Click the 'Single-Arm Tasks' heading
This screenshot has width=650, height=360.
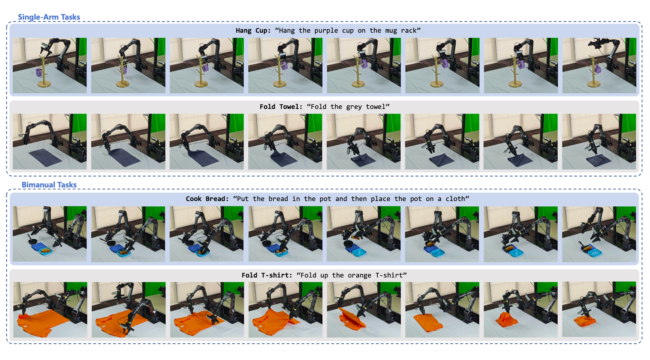[49, 17]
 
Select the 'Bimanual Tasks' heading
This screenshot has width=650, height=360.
[49, 185]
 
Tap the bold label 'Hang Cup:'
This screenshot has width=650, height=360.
[253, 31]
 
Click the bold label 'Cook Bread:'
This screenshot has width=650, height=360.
[207, 199]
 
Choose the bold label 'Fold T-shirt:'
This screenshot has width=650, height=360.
[267, 275]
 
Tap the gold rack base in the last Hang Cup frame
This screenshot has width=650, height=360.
[594, 85]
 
